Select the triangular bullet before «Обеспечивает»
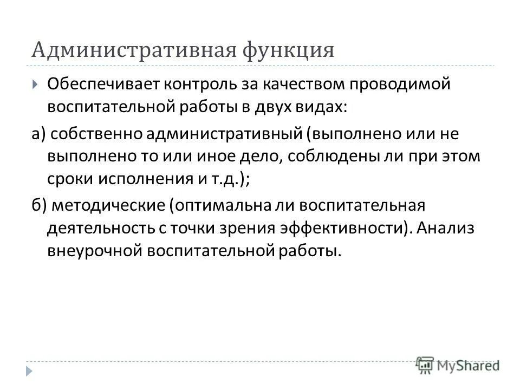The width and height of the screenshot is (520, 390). pyautogui.click(x=35, y=84)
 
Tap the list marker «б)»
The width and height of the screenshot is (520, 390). pyautogui.click(x=39, y=205)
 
